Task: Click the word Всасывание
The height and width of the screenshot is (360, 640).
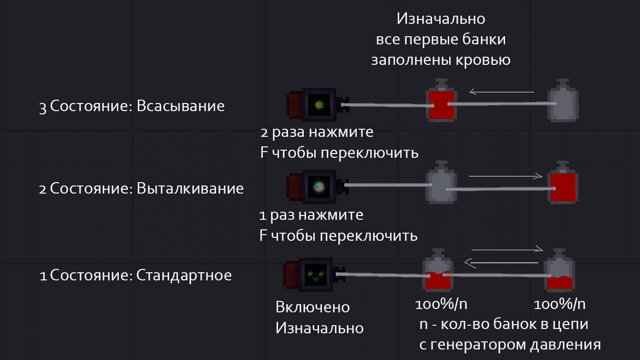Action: click(181, 106)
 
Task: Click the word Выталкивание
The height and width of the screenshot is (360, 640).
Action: click(190, 188)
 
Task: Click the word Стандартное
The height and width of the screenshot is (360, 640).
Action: click(184, 276)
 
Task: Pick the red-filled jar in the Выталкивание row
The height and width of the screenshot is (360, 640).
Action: click(563, 183)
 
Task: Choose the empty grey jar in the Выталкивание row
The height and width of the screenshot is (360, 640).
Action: click(441, 182)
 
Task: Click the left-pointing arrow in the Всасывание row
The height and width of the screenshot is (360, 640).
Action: click(502, 92)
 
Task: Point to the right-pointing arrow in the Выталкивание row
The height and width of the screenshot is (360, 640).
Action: click(506, 176)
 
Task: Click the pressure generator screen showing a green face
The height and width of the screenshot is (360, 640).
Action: click(316, 275)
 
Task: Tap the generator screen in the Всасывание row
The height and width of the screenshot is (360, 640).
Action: click(319, 105)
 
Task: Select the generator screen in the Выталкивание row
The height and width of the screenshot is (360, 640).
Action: click(319, 187)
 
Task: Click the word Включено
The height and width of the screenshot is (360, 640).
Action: click(312, 308)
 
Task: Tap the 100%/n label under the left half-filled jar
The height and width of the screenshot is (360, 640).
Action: click(441, 304)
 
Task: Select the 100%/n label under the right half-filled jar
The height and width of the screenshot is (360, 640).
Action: click(559, 304)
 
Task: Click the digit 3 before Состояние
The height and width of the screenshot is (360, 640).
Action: click(42, 108)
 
